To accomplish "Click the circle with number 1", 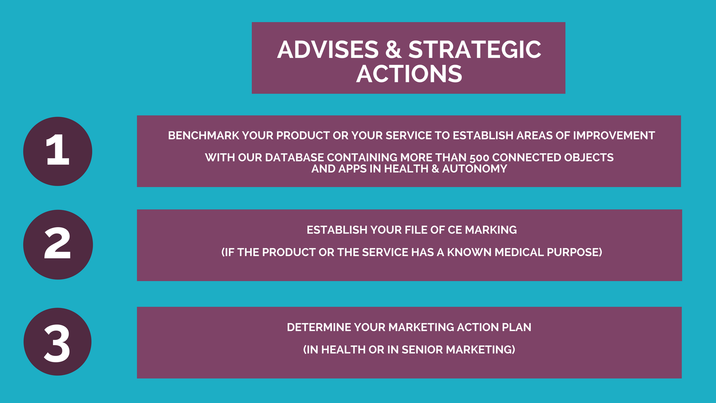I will (x=58, y=151).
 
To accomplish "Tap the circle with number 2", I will (x=58, y=244).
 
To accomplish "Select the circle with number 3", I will (x=57, y=342).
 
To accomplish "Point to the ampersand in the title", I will (x=393, y=50).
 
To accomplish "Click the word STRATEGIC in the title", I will (x=475, y=50).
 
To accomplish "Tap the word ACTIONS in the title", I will (x=409, y=74).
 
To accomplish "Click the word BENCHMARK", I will (x=203, y=135).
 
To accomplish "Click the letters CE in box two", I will (x=455, y=230).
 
